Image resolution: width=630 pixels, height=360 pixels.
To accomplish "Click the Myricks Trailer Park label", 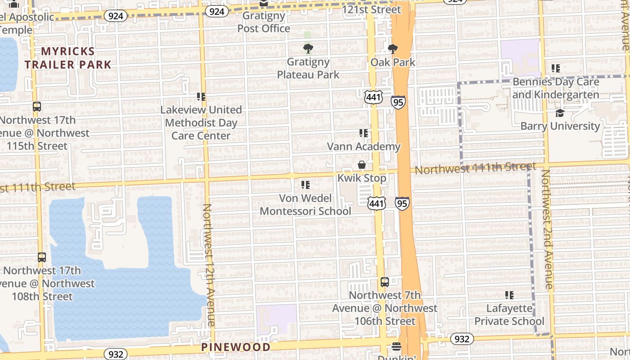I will [68, 58].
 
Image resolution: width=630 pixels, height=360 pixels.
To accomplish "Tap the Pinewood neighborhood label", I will [236, 347].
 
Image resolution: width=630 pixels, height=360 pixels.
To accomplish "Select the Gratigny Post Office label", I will [264, 22].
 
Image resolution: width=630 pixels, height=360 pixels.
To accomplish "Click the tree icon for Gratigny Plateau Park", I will [308, 48].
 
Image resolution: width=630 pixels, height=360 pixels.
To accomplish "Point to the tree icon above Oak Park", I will [393, 49].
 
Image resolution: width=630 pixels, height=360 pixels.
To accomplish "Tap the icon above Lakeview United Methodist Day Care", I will [201, 96].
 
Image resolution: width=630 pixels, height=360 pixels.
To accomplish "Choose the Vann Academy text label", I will [364, 146].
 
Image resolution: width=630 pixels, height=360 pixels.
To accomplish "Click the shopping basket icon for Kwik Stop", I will [362, 165].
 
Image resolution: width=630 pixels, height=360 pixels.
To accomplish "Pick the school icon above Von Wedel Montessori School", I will [306, 184].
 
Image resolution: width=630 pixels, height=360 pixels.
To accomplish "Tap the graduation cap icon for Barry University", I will [560, 113].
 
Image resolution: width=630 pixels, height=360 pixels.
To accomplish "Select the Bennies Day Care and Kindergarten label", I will [556, 88].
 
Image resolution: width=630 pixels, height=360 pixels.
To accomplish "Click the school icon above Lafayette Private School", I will [509, 295].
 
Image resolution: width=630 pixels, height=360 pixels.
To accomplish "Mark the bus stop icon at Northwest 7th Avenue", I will [385, 282].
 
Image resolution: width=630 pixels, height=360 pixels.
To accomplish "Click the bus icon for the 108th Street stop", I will [42, 257].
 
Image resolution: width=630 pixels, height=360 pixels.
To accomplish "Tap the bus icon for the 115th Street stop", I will [37, 107].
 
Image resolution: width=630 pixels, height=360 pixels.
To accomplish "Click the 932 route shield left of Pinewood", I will [116, 354].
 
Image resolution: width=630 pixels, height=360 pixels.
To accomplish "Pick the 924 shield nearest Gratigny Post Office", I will [216, 11].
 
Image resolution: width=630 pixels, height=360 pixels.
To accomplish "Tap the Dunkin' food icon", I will [396, 346].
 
